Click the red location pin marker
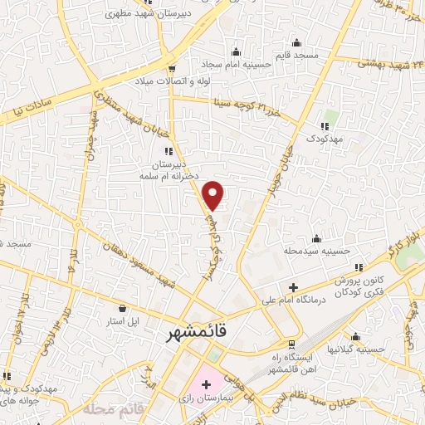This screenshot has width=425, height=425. pos(214,195)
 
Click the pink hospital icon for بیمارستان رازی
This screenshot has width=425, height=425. pos(206,386)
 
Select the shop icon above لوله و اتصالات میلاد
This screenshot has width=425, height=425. pos(172,68)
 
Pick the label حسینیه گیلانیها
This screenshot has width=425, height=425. pos(356,349)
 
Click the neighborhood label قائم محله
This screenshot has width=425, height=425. pos(108,410)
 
